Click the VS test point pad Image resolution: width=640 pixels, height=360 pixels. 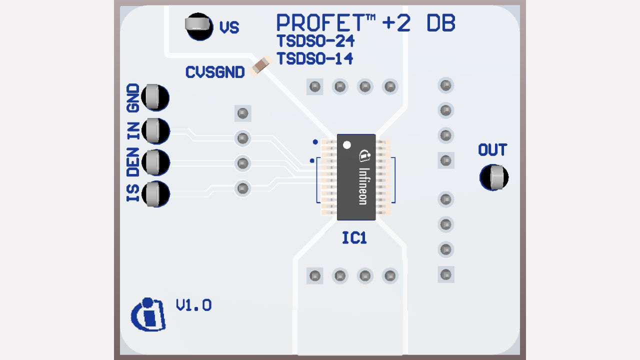pyautogui.click(x=199, y=25)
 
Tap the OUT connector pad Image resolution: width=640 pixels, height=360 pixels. pyautogui.click(x=494, y=177)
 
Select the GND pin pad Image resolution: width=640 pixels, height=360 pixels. pyautogui.click(x=155, y=97)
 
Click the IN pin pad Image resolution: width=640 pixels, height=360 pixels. pyautogui.click(x=155, y=131)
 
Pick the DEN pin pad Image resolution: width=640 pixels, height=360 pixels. pyautogui.click(x=155, y=162)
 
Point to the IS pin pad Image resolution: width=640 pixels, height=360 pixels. pyautogui.click(x=155, y=193)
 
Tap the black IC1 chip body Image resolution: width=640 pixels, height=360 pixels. pyautogui.click(x=356, y=177)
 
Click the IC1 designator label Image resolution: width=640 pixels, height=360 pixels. pyautogui.click(x=354, y=238)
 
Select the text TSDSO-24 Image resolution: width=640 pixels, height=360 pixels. pyautogui.click(x=315, y=40)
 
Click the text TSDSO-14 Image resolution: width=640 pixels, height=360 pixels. pyautogui.click(x=315, y=59)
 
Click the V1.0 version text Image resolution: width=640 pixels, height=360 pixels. pyautogui.click(x=193, y=305)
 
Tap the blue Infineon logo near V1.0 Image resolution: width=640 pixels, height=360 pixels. pyautogui.click(x=148, y=315)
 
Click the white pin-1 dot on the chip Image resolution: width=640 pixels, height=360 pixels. pyautogui.click(x=347, y=145)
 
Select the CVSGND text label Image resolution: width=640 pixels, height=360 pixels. pyautogui.click(x=215, y=72)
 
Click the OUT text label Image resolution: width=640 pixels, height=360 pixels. pyautogui.click(x=492, y=150)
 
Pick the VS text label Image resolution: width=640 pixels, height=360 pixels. pyautogui.click(x=229, y=27)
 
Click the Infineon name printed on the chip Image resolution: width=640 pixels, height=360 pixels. pyautogui.click(x=363, y=185)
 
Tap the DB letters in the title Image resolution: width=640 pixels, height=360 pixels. pyautogui.click(x=441, y=23)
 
